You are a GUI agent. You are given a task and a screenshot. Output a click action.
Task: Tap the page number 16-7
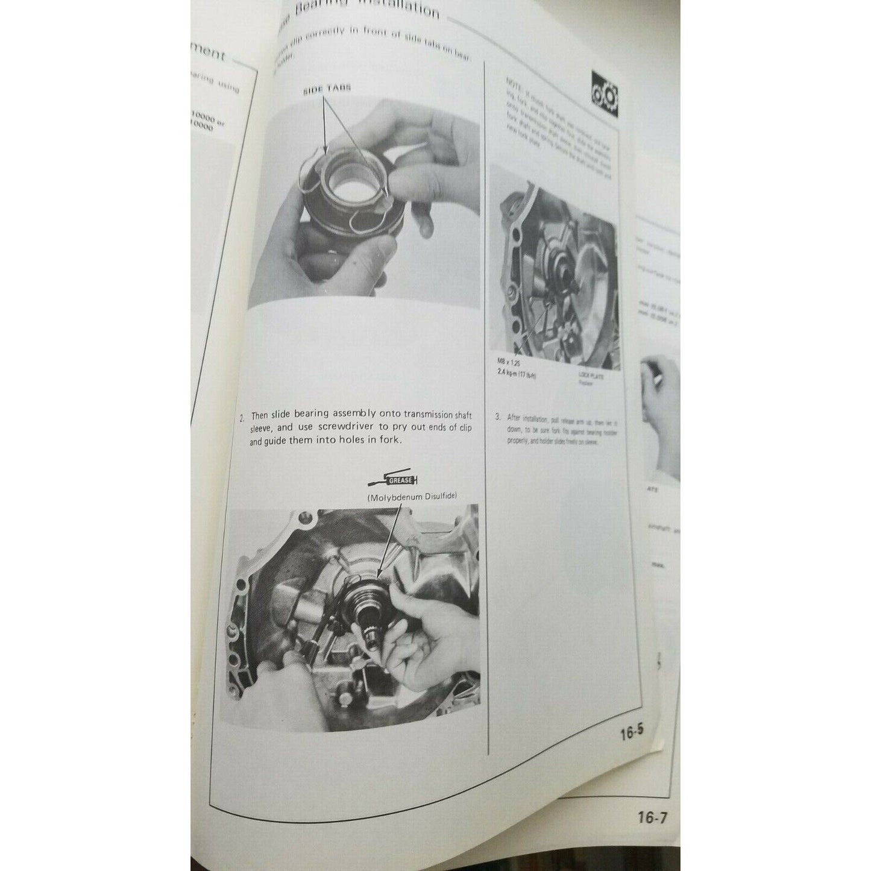point(652,818)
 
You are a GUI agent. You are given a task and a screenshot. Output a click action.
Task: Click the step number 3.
point(497,417)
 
